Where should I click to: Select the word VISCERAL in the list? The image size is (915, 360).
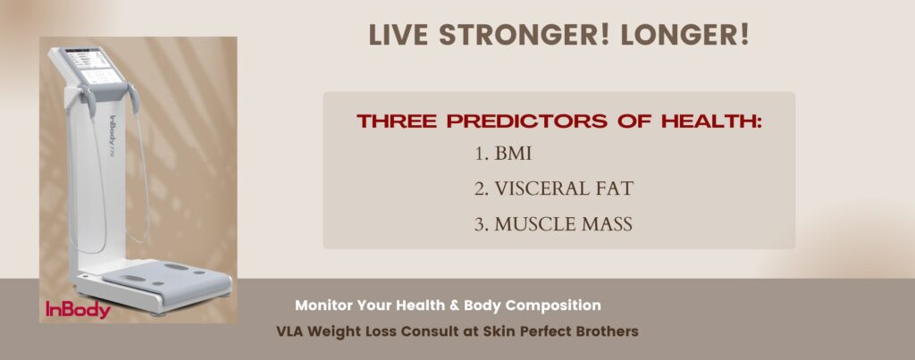[533, 189]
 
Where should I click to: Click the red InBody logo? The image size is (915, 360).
[78, 310]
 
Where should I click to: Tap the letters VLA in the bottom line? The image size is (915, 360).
[290, 331]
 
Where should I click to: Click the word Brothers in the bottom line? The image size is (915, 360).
[609, 331]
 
